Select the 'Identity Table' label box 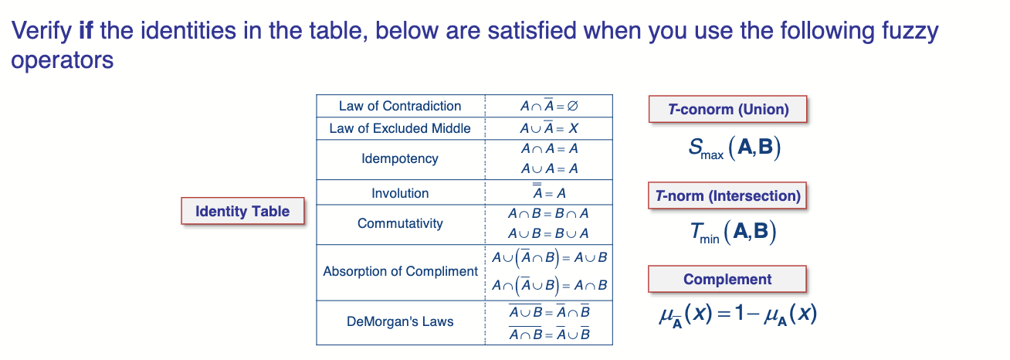point(242,211)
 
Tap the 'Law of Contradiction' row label point(400,106)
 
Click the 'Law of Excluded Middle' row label point(400,128)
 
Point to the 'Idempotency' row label point(400,158)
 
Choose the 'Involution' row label point(400,193)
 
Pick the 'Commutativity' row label point(400,223)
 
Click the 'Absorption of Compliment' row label point(400,271)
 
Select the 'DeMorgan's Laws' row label point(400,321)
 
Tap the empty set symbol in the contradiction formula point(572,107)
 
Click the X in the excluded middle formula point(573,129)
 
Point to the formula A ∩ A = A point(549,148)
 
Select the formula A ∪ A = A point(549,168)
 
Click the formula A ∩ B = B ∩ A point(549,213)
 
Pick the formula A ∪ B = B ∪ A point(549,233)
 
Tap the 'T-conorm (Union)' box point(728,109)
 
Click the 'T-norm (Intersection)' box point(727,195)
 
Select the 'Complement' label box point(727,279)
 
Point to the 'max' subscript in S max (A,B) point(712,155)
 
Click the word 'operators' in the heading point(62,60)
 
